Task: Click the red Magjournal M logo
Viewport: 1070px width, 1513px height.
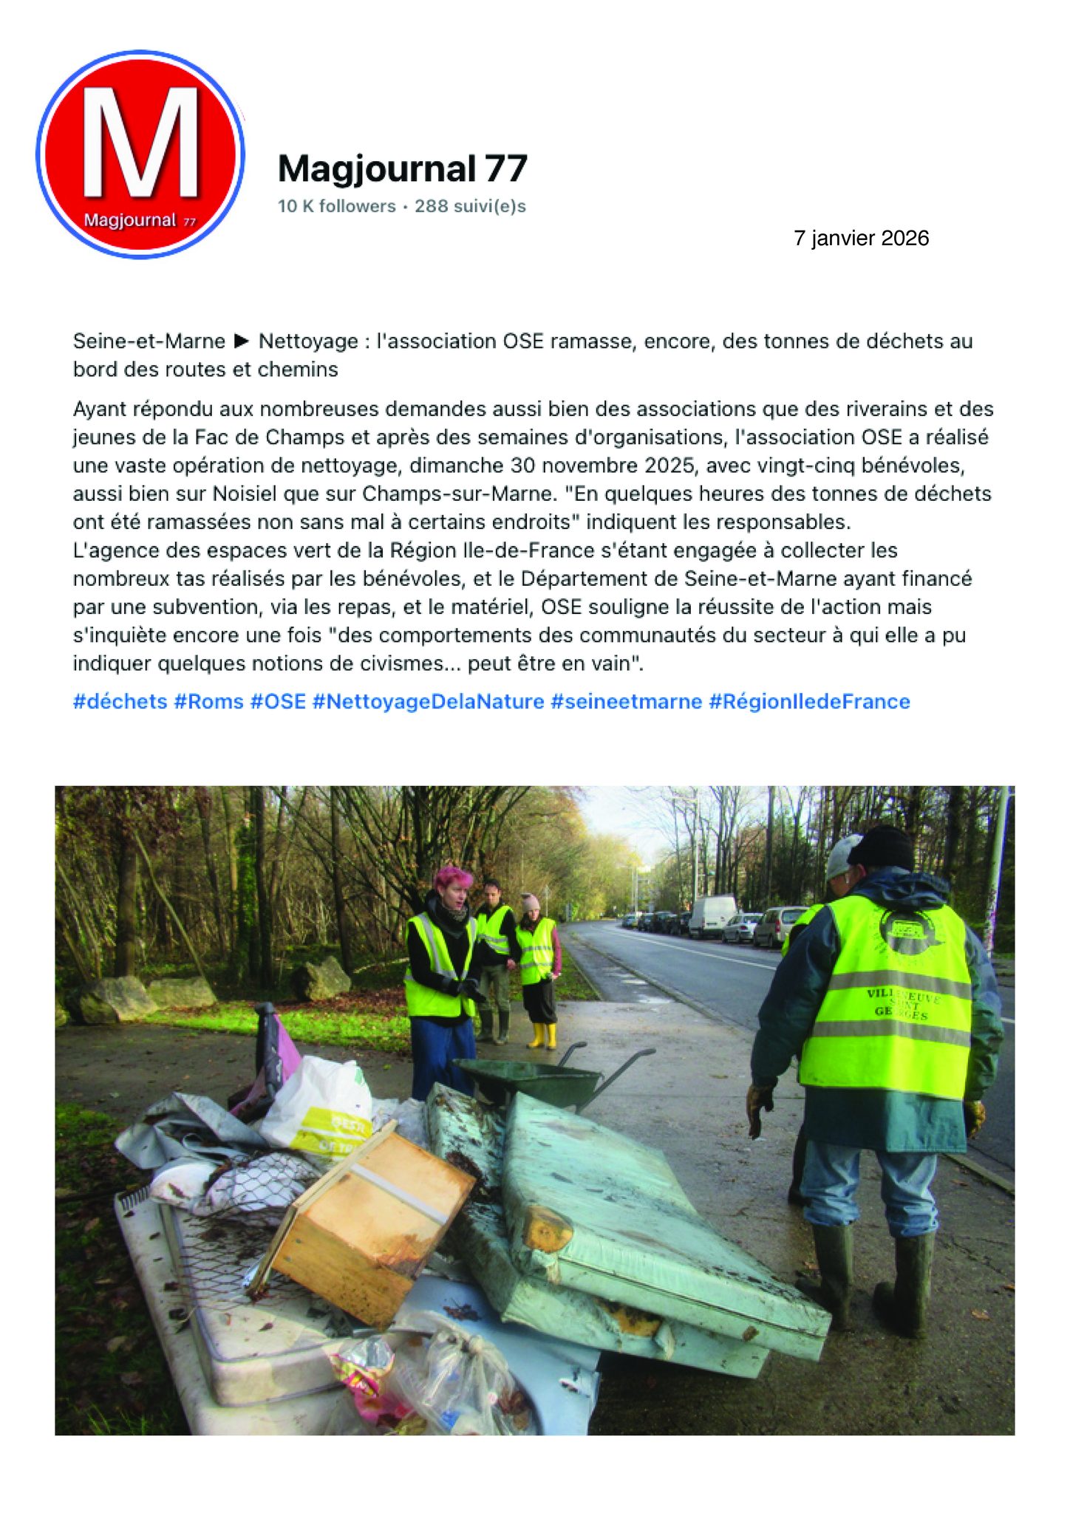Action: (140, 154)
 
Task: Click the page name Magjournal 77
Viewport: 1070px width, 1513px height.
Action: (402, 168)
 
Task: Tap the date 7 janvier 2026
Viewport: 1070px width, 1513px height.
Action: (861, 238)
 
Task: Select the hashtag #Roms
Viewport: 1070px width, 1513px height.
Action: (208, 701)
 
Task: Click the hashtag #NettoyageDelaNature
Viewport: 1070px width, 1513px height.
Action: (428, 701)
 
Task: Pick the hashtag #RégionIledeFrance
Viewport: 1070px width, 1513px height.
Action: (809, 701)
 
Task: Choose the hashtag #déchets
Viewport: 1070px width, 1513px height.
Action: (120, 701)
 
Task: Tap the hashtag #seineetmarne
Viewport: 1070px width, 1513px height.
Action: (626, 701)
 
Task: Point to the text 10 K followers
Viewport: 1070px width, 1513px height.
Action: (336, 206)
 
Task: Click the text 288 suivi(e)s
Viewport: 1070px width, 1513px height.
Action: (470, 206)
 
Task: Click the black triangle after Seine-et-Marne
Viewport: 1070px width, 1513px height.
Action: (242, 341)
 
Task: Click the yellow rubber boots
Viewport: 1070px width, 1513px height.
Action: (541, 1036)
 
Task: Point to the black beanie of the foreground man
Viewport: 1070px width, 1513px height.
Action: (882, 847)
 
